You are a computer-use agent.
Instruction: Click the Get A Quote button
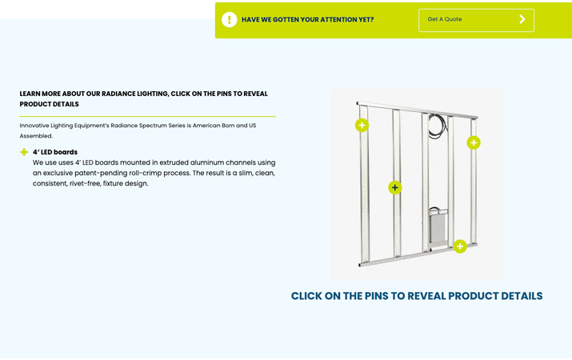pyautogui.click(x=476, y=20)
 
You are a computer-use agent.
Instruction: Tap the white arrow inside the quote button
pyautogui.click(x=522, y=19)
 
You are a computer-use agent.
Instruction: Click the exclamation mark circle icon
pyautogui.click(x=230, y=20)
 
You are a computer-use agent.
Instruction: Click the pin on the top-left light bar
pyautogui.click(x=362, y=125)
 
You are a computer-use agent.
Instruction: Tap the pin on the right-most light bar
pyautogui.click(x=474, y=142)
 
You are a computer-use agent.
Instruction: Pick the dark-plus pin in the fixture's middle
pyautogui.click(x=394, y=187)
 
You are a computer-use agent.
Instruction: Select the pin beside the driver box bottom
pyautogui.click(x=460, y=246)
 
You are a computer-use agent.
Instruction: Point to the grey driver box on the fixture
pyautogui.click(x=438, y=229)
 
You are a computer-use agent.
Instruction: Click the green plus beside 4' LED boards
pyautogui.click(x=24, y=152)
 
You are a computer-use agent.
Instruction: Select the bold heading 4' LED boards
pyautogui.click(x=55, y=152)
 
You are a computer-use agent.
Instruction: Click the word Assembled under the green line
pyautogui.click(x=36, y=136)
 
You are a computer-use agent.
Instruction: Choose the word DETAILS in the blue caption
pyautogui.click(x=522, y=296)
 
